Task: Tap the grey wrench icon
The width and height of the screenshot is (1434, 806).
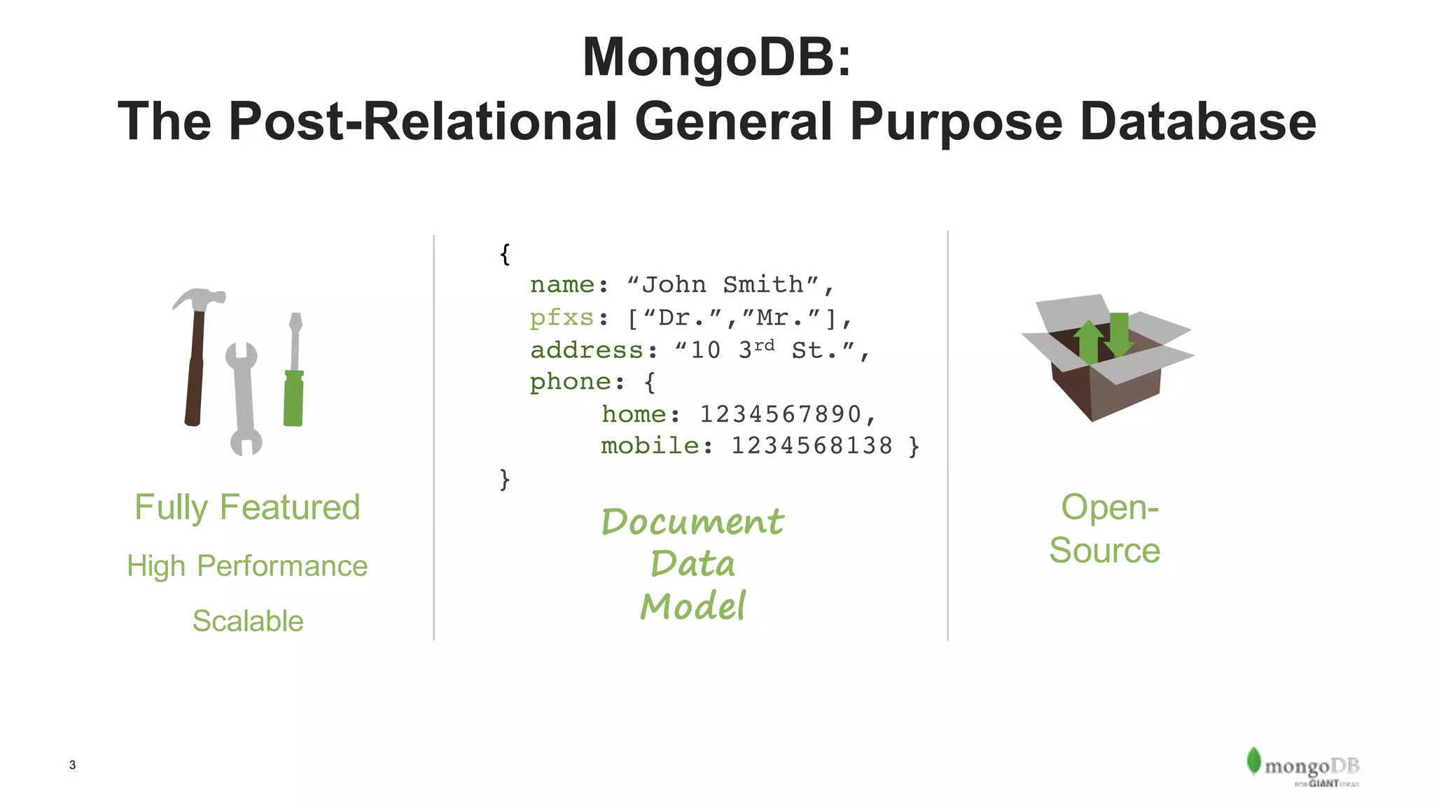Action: coord(243,399)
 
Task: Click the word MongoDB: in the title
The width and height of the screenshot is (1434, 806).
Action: coord(717,57)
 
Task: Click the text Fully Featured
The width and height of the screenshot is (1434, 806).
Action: coord(247,507)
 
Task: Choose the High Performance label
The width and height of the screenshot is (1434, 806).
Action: coord(247,565)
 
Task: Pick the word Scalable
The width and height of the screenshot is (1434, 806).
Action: coord(248,621)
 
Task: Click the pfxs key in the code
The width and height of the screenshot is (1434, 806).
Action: coord(562,318)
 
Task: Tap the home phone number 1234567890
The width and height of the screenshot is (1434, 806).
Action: coord(780,414)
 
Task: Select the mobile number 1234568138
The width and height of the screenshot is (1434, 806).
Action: coord(812,446)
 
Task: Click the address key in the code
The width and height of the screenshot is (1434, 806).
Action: coord(587,350)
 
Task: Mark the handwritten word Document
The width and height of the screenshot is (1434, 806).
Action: coord(692,522)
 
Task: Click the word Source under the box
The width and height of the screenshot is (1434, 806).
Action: coord(1104,550)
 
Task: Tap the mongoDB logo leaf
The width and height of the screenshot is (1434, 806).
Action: coord(1253,761)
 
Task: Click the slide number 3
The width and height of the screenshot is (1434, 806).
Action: coord(72,765)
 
